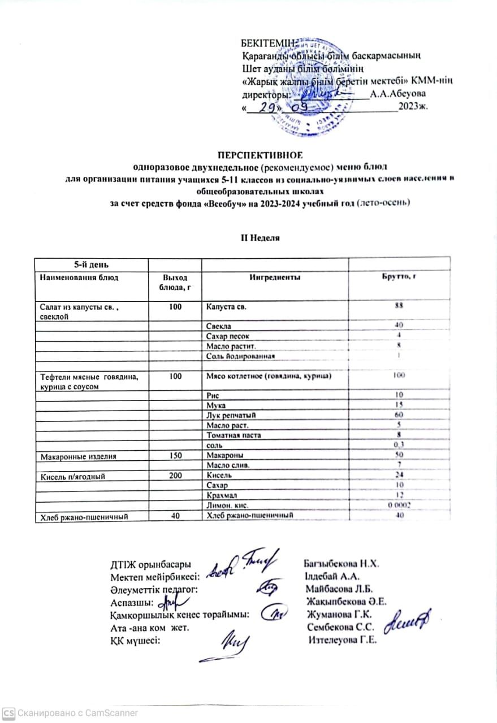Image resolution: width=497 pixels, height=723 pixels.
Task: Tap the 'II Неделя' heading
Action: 261,238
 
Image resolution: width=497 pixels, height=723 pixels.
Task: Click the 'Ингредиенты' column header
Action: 274,277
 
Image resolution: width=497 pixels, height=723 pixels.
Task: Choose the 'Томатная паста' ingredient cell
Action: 230,435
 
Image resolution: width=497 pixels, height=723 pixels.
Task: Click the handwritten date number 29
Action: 264,107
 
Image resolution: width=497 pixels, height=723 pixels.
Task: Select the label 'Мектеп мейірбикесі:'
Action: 153,577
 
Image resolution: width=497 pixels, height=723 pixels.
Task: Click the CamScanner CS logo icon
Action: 9,713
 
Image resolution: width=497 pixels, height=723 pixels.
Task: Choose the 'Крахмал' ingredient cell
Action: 222,495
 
